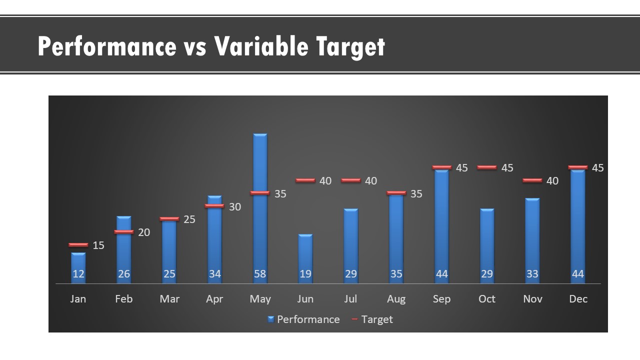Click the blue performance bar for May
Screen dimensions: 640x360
(260, 208)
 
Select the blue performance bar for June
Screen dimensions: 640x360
(305, 259)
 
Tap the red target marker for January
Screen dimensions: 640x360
(78, 245)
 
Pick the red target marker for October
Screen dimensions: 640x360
(487, 167)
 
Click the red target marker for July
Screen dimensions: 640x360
(351, 180)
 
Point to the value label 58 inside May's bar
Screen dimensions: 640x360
(260, 274)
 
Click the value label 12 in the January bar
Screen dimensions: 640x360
(78, 274)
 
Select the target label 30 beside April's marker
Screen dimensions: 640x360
(235, 207)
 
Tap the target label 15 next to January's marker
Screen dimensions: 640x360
(98, 245)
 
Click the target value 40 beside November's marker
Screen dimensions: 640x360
(552, 181)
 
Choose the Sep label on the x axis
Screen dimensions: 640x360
(441, 299)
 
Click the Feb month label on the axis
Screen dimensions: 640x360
(123, 299)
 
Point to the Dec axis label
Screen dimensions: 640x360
(578, 299)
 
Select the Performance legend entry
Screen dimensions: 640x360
(303, 319)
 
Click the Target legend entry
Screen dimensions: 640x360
(372, 319)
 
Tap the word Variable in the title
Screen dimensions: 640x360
(261, 46)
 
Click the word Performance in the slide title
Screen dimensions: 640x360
(107, 46)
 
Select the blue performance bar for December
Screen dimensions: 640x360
(577, 226)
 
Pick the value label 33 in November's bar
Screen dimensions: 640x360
(532, 274)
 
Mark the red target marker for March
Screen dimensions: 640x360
(169, 219)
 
